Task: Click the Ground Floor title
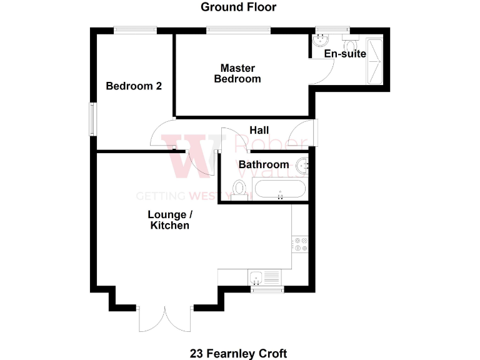238,7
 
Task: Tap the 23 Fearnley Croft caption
239,353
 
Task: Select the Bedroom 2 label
134,86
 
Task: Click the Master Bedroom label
237,73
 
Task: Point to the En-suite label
345,54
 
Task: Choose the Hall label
259,130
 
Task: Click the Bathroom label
264,164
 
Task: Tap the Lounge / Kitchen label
169,219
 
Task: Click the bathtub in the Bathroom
279,187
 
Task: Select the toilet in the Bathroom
239,187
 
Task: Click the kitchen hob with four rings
301,244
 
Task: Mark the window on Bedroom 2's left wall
92,118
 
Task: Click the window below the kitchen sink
267,289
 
